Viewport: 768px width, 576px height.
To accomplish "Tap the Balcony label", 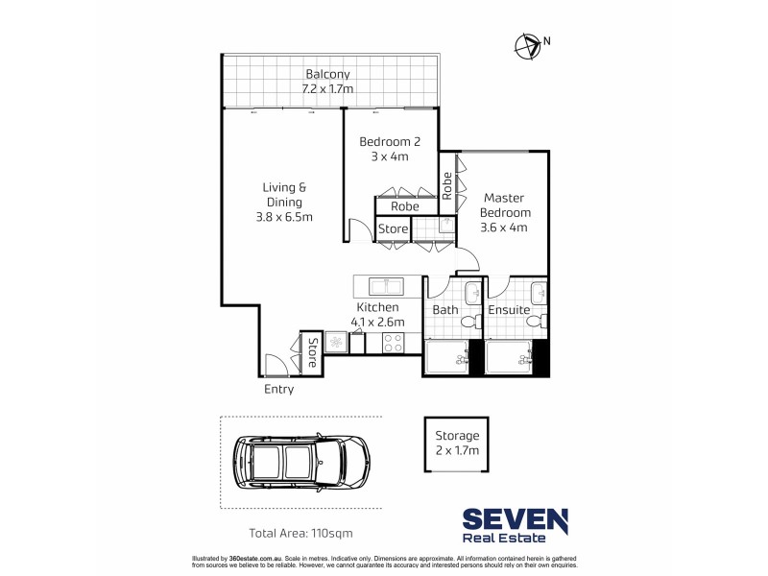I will [327, 74].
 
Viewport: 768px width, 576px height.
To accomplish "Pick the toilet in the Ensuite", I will [540, 322].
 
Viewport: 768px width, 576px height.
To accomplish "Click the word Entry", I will [278, 390].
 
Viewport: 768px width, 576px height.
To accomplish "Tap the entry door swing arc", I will [275, 365].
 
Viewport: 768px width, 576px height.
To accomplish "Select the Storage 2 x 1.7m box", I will [456, 444].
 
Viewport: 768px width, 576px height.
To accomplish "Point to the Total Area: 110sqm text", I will [294, 531].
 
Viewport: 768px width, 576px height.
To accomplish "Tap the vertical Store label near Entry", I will [311, 354].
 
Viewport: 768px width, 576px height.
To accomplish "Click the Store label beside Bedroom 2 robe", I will [392, 228].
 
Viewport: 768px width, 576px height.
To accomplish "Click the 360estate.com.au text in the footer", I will [257, 558].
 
